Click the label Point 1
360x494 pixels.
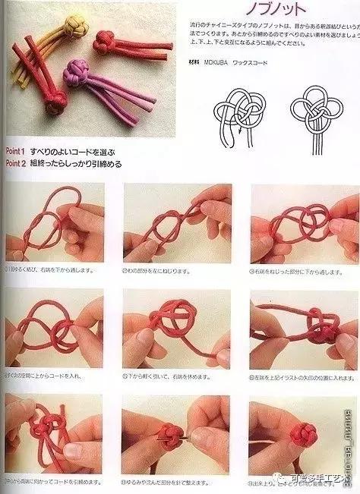click(17, 152)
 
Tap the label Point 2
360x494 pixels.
click(17, 162)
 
